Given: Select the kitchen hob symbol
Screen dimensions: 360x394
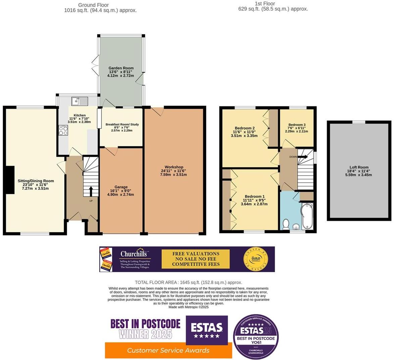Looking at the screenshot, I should click(63, 131).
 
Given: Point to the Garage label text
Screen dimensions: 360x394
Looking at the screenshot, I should click(121, 187).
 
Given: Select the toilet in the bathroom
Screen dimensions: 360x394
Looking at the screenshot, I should click(286, 224).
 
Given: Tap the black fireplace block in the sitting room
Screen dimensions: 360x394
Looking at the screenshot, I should click(10, 180).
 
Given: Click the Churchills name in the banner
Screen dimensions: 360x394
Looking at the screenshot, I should click(134, 254).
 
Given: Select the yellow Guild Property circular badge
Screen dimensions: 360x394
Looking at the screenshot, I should click(254, 259).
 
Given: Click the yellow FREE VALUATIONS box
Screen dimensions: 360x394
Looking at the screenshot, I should click(196, 259).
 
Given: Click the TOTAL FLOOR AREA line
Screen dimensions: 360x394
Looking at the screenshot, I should click(188, 282).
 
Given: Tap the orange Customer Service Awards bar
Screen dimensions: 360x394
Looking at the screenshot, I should click(168, 350).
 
